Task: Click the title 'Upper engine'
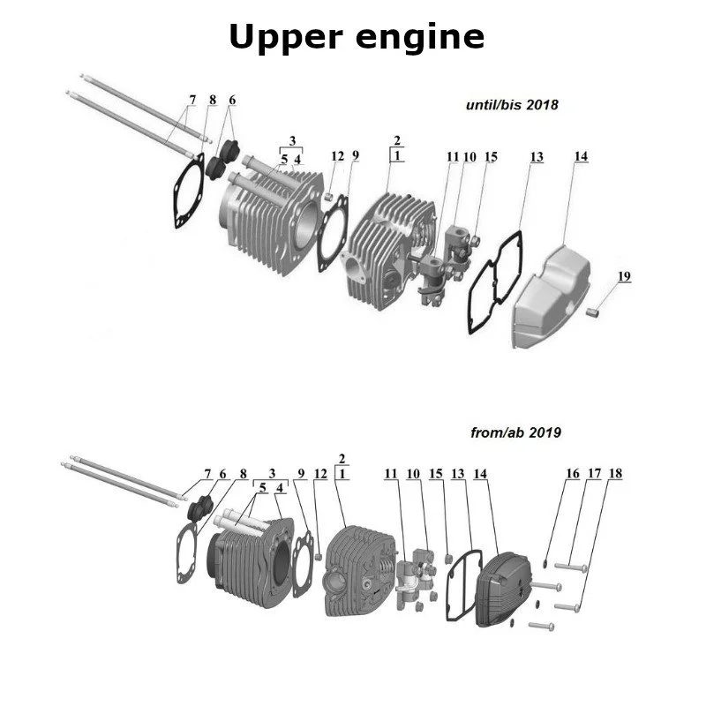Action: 357,37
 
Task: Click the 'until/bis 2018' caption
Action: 512,105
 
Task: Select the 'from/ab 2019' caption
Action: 516,433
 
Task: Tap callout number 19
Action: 624,276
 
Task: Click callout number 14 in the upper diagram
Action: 581,157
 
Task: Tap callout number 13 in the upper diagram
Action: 537,157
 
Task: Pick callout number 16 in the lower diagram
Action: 573,474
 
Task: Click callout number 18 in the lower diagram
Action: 615,474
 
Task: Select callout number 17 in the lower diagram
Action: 594,474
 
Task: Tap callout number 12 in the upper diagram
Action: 337,156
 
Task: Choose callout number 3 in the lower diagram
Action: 272,474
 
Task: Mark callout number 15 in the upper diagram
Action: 491,157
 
